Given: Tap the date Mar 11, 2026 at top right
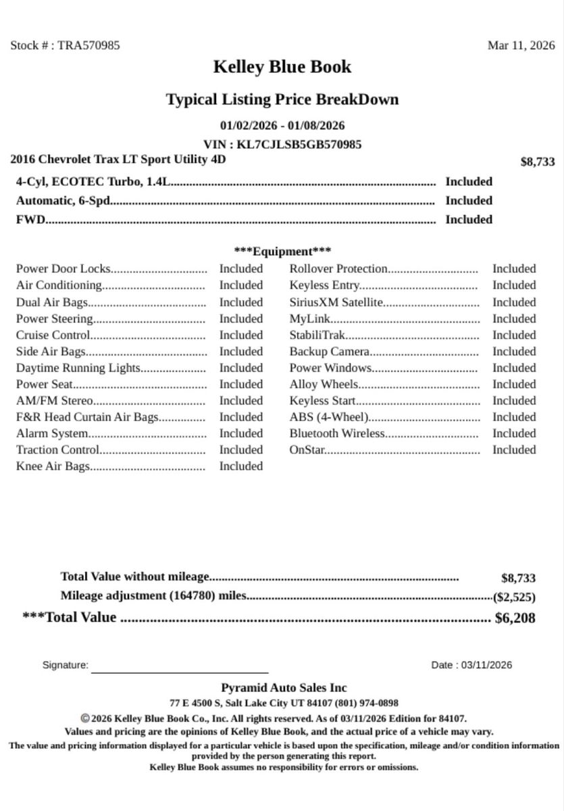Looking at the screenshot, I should [x=521, y=46].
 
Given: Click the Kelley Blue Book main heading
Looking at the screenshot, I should [x=282, y=67].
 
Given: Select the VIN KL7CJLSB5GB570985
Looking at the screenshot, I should [x=299, y=145].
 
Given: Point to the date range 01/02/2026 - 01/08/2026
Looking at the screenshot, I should [x=282, y=126].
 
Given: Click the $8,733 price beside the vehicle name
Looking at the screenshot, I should [x=538, y=162].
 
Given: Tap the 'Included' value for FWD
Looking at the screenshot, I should [x=469, y=220].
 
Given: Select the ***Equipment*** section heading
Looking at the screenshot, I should [x=282, y=251].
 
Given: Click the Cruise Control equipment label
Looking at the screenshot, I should [x=53, y=335].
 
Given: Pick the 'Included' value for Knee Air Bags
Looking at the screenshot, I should [x=240, y=466].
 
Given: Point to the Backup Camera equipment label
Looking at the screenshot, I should [x=330, y=351].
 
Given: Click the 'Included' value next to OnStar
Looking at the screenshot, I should [x=514, y=450].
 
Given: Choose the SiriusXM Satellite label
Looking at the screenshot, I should [x=336, y=302].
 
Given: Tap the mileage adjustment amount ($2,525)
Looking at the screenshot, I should [x=515, y=597].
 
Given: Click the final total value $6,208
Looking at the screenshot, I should [x=515, y=618].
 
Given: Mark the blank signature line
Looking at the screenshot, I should [x=180, y=671].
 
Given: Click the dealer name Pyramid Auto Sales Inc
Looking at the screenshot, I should [x=284, y=688].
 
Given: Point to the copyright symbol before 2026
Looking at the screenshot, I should [x=85, y=719].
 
